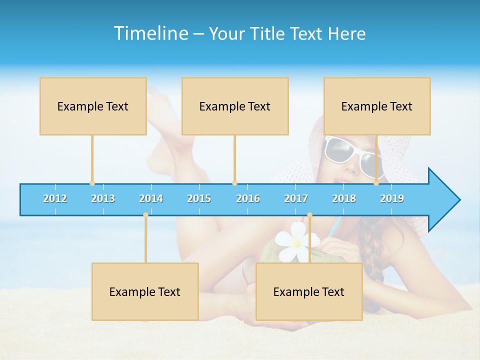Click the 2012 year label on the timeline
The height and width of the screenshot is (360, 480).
pyautogui.click(x=55, y=198)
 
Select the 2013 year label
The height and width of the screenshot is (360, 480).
pyautogui.click(x=103, y=198)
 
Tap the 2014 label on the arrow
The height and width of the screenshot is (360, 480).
pyautogui.click(x=151, y=198)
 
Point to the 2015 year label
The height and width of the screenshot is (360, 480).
pyautogui.click(x=199, y=198)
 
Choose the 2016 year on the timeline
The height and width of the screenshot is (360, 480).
pyautogui.click(x=248, y=198)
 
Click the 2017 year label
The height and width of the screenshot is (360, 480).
pyautogui.click(x=296, y=198)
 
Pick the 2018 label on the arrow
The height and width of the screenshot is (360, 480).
pyautogui.click(x=344, y=198)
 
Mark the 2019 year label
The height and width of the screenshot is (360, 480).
pyautogui.click(x=392, y=198)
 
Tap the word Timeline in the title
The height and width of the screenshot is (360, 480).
pyautogui.click(x=150, y=33)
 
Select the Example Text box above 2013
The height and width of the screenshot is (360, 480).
pyautogui.click(x=93, y=106)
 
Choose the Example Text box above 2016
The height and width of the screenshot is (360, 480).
pyautogui.click(x=235, y=106)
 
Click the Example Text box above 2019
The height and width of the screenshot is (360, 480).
pyautogui.click(x=377, y=106)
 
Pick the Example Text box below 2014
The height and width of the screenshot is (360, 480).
pyautogui.click(x=145, y=291)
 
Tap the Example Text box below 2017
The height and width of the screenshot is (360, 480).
pyautogui.click(x=309, y=291)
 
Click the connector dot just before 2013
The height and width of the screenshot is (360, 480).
pyautogui.click(x=92, y=183)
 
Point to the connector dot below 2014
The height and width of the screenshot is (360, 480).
pyautogui.click(x=145, y=215)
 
